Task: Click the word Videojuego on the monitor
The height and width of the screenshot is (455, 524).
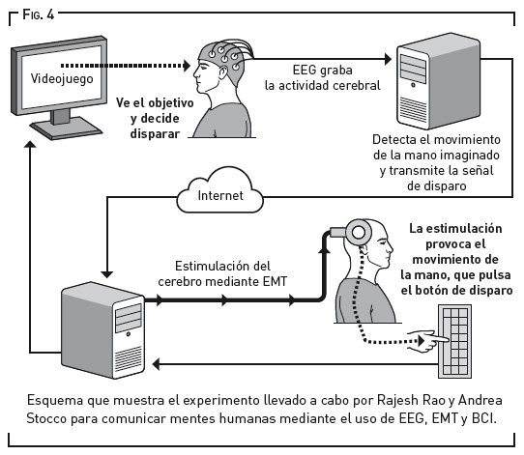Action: point(62,79)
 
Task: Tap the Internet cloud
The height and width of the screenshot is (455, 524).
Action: point(219,191)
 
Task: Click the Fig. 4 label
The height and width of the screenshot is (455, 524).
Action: point(38,14)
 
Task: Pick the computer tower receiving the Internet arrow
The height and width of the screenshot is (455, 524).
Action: point(102,330)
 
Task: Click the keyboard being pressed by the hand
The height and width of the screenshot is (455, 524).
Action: point(454,341)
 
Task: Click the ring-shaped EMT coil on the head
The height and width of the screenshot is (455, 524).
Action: point(359,233)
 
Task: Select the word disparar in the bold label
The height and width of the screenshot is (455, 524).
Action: point(155,134)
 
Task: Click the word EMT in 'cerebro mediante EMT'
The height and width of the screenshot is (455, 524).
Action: point(275,281)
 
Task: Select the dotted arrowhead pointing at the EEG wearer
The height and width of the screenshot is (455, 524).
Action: point(187,66)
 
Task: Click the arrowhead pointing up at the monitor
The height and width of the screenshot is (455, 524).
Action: point(30,144)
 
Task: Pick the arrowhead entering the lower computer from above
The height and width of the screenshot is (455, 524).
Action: point(107,274)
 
